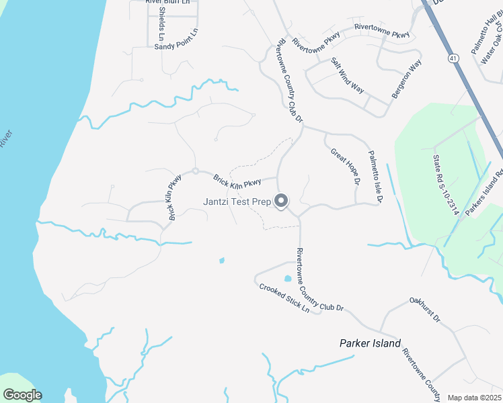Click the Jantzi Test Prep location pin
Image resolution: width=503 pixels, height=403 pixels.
tap(282, 201)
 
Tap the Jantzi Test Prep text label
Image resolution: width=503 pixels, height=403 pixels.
tap(237, 201)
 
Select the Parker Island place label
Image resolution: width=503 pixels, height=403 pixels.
tap(370, 343)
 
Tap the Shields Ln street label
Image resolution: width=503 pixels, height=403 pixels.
tap(161, 21)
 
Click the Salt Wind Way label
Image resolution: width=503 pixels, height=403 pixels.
tap(347, 75)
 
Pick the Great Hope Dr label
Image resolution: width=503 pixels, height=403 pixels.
tap(346, 167)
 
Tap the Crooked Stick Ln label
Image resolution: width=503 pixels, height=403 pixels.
tap(284, 299)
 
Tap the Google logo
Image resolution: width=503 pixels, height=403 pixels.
tap(22, 395)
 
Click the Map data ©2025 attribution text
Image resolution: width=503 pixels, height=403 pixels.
tap(474, 398)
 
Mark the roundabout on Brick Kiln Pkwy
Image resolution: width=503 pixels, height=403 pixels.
tap(195, 171)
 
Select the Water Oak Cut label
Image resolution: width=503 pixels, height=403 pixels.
tap(489, 47)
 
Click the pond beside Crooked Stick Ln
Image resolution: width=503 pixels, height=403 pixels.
tap(288, 278)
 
